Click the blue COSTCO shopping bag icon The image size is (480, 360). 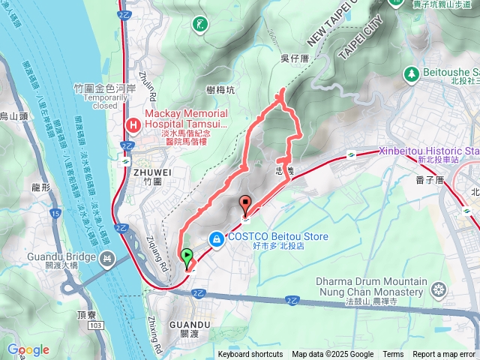pyautogui.click(x=217, y=238)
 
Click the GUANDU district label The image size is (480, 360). pyautogui.click(x=187, y=324)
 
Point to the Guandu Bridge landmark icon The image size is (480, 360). pyautogui.click(x=108, y=259)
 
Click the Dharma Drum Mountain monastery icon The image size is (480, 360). pyautogui.click(x=439, y=289)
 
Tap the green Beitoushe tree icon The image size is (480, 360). pyautogui.click(x=411, y=73)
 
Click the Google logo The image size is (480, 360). pyautogui.click(x=28, y=349)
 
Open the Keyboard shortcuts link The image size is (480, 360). pyautogui.click(x=250, y=354)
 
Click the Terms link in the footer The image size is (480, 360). pyautogui.click(x=393, y=354)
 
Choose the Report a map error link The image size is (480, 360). pyautogui.click(x=444, y=354)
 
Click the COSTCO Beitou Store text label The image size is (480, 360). pyautogui.click(x=278, y=237)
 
